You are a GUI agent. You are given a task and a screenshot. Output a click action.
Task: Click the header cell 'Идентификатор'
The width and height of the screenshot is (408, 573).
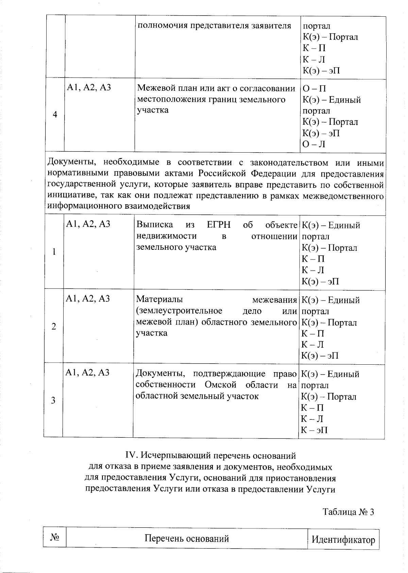pyautogui.click(x=343, y=540)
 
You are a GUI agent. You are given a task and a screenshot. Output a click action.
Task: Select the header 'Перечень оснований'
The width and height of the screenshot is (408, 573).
pyautogui.click(x=187, y=538)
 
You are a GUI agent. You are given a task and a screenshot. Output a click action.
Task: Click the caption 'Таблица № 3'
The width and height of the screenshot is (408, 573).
pyautogui.click(x=348, y=512)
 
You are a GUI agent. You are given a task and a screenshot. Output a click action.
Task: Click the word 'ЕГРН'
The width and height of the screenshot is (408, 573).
pyautogui.click(x=219, y=225)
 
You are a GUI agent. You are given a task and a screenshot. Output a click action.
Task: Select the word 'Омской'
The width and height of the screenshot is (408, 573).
pyautogui.click(x=220, y=385)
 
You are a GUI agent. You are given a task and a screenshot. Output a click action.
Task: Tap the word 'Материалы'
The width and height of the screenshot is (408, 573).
pyautogui.click(x=159, y=299)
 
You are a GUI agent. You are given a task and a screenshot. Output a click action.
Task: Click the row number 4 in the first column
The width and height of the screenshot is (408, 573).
pyautogui.click(x=55, y=115)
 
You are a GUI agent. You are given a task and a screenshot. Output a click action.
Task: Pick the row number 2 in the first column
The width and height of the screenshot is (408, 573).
pyautogui.click(x=54, y=327)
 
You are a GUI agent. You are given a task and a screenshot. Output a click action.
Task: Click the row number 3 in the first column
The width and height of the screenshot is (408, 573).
pyautogui.click(x=53, y=400)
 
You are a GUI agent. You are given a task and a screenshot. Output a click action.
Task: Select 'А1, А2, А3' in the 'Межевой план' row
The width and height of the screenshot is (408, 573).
pyautogui.click(x=89, y=88)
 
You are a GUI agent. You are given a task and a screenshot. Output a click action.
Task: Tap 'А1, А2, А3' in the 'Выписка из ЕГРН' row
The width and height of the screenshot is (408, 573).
pyautogui.click(x=88, y=224)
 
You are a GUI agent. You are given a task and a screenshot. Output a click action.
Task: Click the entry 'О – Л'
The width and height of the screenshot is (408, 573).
pyautogui.click(x=314, y=144)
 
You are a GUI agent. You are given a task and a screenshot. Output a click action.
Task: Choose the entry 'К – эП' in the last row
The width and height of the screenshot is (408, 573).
pyautogui.click(x=314, y=430)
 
